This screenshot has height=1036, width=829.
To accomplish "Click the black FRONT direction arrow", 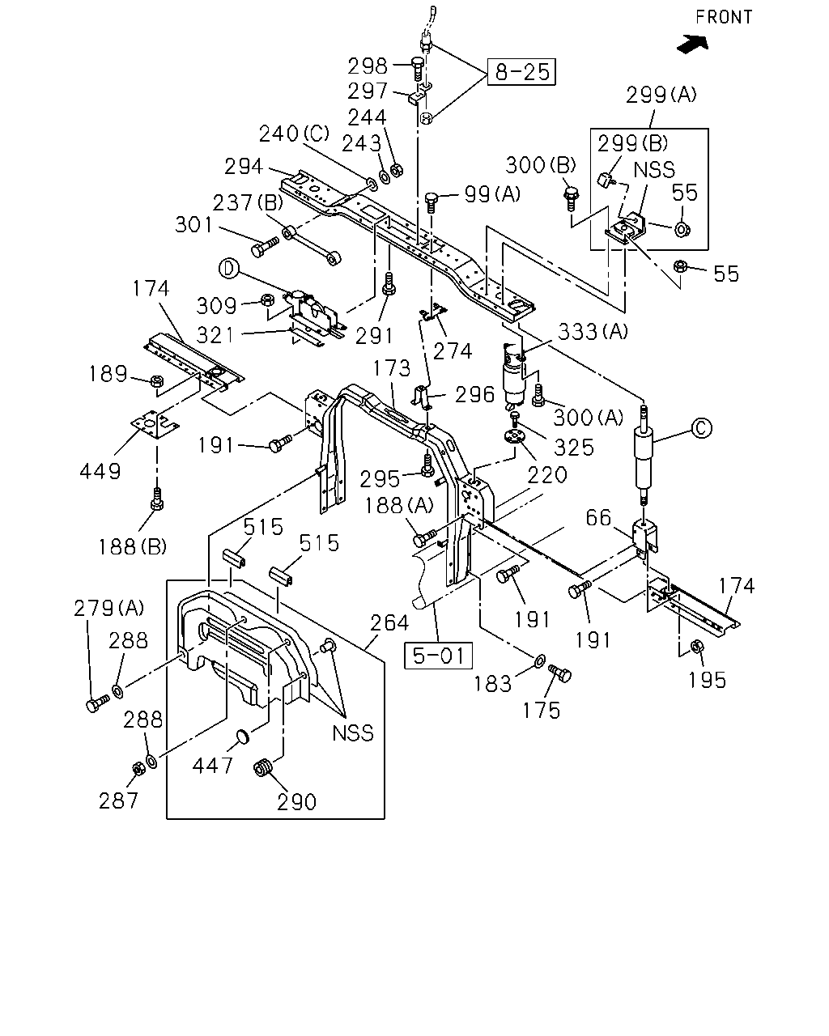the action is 693,44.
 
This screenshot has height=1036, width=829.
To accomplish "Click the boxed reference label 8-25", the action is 521,72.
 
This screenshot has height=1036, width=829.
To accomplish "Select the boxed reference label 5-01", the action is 438,656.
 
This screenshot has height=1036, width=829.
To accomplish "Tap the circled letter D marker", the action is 229,269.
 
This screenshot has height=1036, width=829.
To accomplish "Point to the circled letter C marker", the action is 701,428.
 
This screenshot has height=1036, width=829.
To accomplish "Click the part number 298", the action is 368,66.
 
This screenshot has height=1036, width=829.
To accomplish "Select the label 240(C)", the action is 294,134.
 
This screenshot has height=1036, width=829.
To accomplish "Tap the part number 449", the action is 100,471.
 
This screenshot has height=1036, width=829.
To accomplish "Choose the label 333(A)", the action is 593,331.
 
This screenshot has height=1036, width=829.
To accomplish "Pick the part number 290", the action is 297,802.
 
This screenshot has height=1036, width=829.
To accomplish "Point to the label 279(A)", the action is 108,608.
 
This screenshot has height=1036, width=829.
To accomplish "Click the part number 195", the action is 707,680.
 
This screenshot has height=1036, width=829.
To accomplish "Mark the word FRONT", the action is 724,17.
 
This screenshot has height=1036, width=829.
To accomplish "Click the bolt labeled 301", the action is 265,245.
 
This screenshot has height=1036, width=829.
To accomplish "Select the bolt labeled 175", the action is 560,673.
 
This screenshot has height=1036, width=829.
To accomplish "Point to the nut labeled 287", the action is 138,768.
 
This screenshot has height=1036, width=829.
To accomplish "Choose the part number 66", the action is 598,517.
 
